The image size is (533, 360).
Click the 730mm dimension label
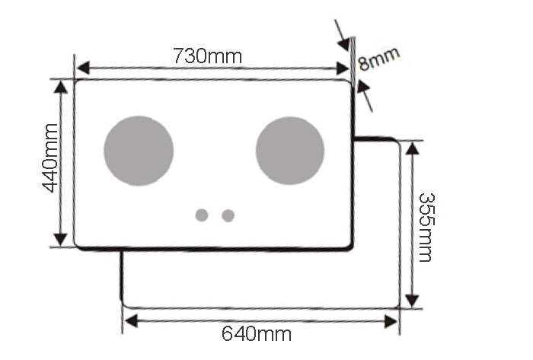[207, 56]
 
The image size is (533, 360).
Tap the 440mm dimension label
[49, 158]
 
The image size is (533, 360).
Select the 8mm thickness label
[378, 59]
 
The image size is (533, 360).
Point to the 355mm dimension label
[426, 228]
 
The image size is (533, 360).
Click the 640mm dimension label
[257, 334]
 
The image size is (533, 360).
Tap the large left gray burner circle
[139, 151]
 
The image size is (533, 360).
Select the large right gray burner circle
[290, 151]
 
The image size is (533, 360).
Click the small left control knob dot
[202, 215]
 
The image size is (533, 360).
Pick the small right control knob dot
[228, 215]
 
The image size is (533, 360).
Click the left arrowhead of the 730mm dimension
[83, 68]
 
